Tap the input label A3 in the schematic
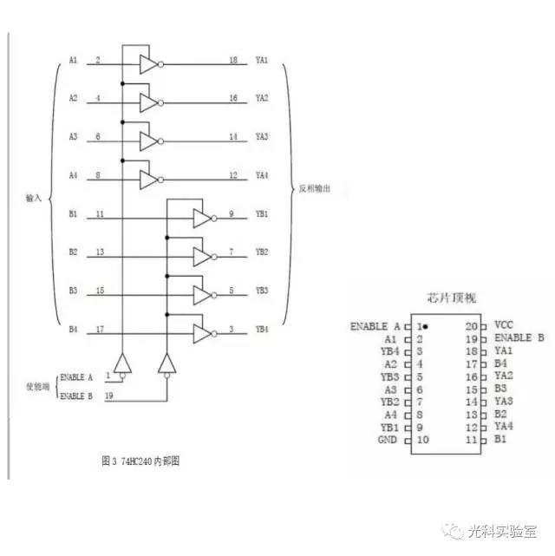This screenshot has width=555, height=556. click(x=74, y=137)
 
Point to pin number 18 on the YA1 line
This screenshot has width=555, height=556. click(x=233, y=60)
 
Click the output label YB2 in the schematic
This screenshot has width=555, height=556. click(x=262, y=252)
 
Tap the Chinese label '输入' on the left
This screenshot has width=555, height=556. click(x=35, y=198)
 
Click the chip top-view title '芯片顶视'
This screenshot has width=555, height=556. click(x=454, y=298)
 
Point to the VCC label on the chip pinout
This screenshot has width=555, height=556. click(x=504, y=325)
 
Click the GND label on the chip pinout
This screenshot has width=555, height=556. click(x=388, y=440)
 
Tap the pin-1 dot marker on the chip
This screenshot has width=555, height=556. click(x=428, y=326)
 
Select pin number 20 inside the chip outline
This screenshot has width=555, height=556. click(x=472, y=325)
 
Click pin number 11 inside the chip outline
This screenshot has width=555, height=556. click(x=472, y=440)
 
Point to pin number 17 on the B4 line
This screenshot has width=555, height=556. click(x=101, y=330)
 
